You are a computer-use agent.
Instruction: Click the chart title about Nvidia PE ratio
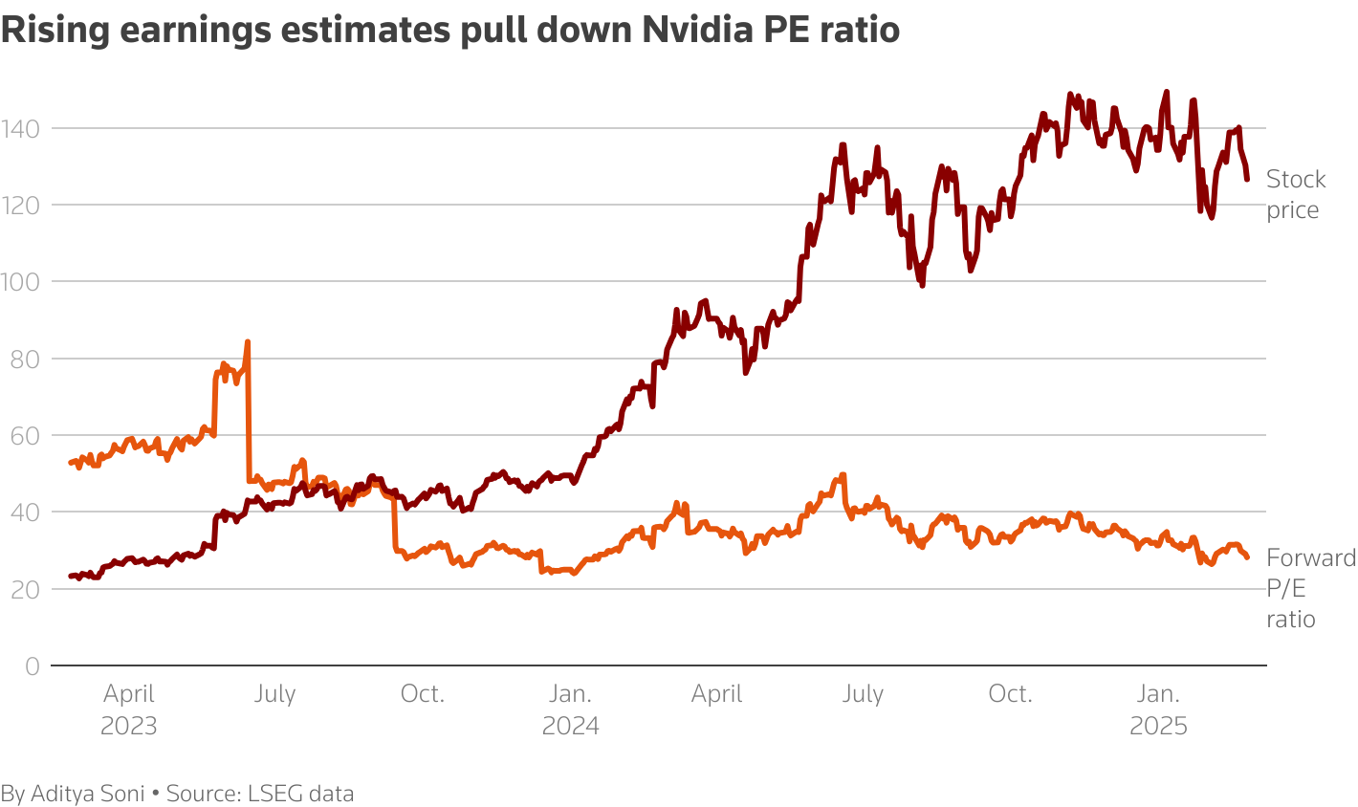(x=450, y=31)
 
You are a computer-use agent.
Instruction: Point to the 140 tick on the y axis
(x=20, y=128)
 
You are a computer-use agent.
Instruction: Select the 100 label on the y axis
(x=20, y=282)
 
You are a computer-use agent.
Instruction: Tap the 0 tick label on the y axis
(x=33, y=666)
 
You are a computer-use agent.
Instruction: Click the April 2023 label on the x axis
(x=129, y=709)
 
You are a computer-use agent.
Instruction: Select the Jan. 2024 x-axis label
(x=571, y=709)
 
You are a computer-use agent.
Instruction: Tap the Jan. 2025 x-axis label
(x=1159, y=709)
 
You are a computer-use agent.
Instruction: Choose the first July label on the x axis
(x=275, y=694)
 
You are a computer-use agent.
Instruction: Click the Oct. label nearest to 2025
(x=1011, y=694)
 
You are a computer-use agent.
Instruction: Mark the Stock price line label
(x=1296, y=195)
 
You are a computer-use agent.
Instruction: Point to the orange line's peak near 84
(x=248, y=341)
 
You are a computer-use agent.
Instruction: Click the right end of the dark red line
(x=1247, y=179)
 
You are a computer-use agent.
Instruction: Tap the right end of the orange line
(x=1247, y=557)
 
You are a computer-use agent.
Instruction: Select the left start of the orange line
(x=71, y=463)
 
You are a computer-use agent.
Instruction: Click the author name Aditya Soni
(x=88, y=794)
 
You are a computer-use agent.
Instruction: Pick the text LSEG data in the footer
(x=301, y=794)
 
